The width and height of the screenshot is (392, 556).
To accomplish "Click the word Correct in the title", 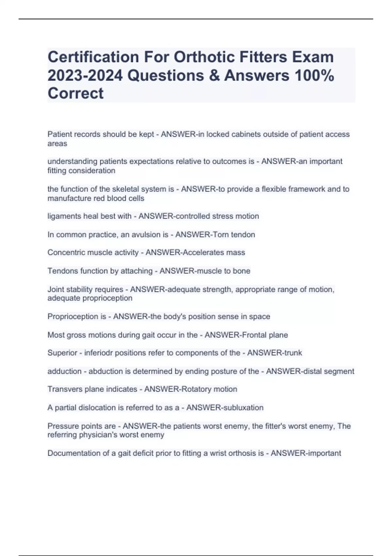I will pyautogui.click(x=75, y=93).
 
